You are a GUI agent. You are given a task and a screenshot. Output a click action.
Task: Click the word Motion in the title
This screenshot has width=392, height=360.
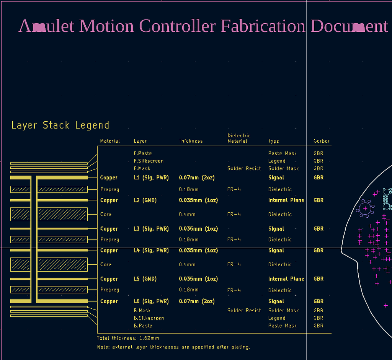[106, 26]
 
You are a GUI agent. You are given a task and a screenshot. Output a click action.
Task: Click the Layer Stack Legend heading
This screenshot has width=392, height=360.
[60, 125]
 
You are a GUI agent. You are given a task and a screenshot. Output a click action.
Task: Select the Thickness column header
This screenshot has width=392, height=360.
[191, 141]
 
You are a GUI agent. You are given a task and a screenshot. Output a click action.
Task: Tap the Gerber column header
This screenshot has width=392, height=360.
[322, 141]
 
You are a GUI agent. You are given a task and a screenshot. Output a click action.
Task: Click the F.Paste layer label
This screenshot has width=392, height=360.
[143, 153]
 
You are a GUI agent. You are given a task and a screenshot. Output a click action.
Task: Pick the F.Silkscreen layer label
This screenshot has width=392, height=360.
[149, 161]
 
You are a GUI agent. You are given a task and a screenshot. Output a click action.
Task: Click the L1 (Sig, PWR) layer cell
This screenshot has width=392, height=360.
[151, 178]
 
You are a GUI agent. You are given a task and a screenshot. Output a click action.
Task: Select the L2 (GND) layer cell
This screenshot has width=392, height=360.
[145, 200]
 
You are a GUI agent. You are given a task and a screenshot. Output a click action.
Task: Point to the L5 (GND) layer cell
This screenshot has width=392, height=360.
[145, 279]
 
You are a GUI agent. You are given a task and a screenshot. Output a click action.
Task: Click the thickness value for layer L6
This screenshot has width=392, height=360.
[197, 301]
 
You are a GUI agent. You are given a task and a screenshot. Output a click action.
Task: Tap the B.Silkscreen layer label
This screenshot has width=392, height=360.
[149, 318]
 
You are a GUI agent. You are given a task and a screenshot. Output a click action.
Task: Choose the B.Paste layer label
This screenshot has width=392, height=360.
[143, 326]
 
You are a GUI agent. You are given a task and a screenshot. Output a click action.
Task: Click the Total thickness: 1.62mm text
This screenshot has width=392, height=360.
[128, 338]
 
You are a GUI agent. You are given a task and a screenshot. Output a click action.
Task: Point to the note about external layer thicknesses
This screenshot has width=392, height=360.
[173, 347]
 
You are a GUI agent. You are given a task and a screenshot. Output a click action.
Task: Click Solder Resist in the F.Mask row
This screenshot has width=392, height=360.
[244, 168]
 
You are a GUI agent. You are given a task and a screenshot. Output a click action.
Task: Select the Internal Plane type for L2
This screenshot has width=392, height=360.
[286, 200]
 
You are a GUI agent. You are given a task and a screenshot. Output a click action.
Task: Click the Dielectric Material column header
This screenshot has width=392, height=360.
[239, 138]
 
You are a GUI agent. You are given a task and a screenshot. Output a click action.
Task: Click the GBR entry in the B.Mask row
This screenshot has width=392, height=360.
[318, 310]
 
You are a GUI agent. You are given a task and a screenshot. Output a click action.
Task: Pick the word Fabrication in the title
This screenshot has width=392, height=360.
[263, 26]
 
